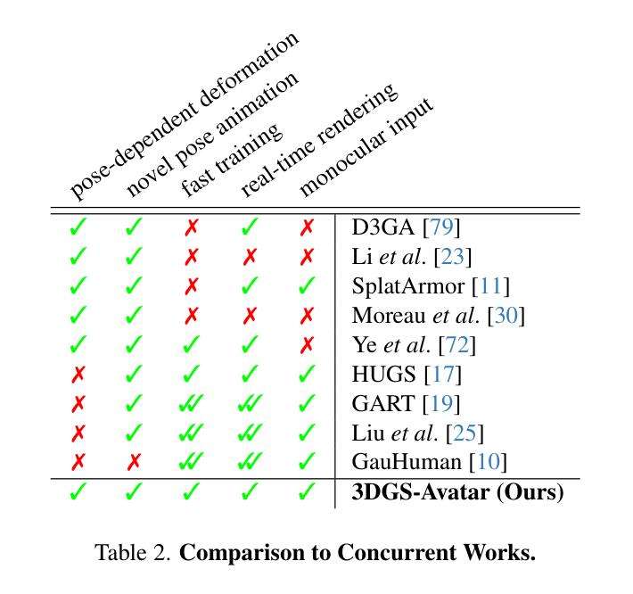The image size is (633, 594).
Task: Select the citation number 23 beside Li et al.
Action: [454, 258]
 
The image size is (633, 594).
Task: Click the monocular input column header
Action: [366, 147]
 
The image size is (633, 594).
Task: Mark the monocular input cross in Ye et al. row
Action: [308, 345]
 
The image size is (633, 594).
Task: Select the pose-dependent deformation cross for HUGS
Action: [78, 375]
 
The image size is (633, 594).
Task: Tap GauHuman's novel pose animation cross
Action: [135, 462]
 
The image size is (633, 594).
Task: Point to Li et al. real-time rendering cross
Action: [251, 258]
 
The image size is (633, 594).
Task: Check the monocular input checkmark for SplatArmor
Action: [308, 287]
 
